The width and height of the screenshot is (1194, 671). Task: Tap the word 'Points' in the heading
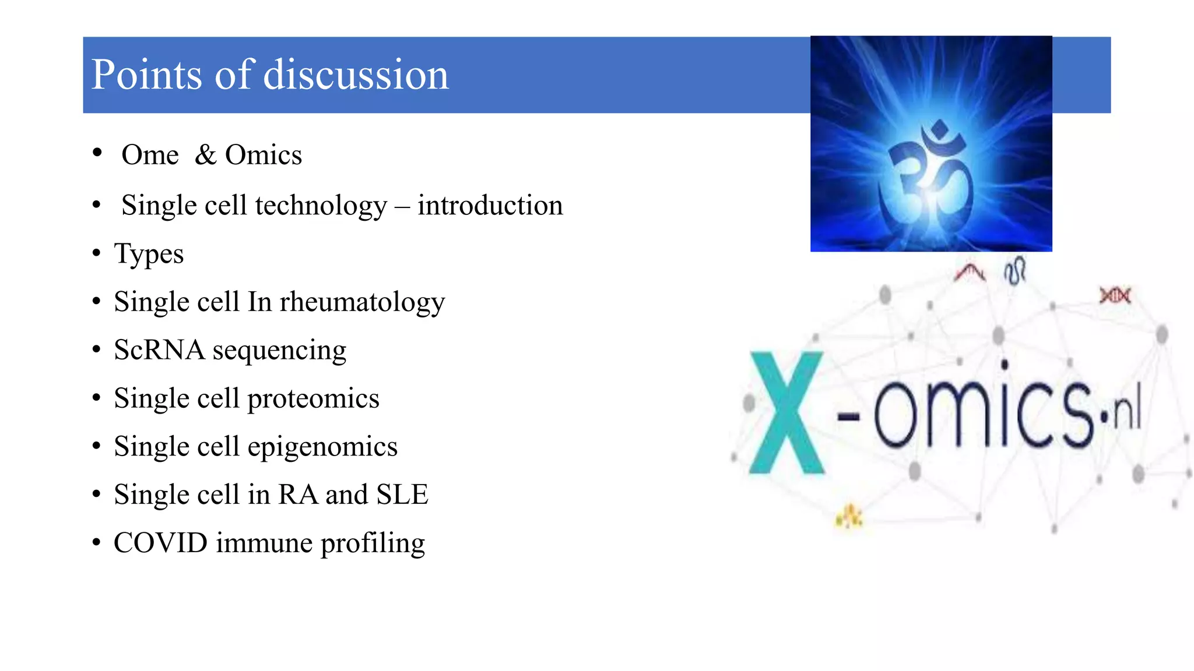pyautogui.click(x=147, y=75)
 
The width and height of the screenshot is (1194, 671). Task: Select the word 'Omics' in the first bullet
pyautogui.click(x=264, y=155)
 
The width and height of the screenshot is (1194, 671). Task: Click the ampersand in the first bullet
pyautogui.click(x=205, y=155)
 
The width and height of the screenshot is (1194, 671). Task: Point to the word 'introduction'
pyautogui.click(x=490, y=206)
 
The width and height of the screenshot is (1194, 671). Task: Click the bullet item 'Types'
pyautogui.click(x=149, y=254)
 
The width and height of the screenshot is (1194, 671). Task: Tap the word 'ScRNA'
pyautogui.click(x=159, y=350)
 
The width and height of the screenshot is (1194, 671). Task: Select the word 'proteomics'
pyautogui.click(x=313, y=399)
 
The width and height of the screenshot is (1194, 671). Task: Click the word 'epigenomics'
pyautogui.click(x=322, y=447)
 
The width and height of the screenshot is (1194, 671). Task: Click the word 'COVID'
pyautogui.click(x=160, y=543)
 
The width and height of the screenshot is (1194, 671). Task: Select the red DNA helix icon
pyautogui.click(x=1115, y=296)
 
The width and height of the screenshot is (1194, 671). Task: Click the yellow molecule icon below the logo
pyautogui.click(x=849, y=516)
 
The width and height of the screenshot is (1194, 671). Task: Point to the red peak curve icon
pyautogui.click(x=969, y=272)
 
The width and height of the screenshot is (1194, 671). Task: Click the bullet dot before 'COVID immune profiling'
pyautogui.click(x=97, y=542)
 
